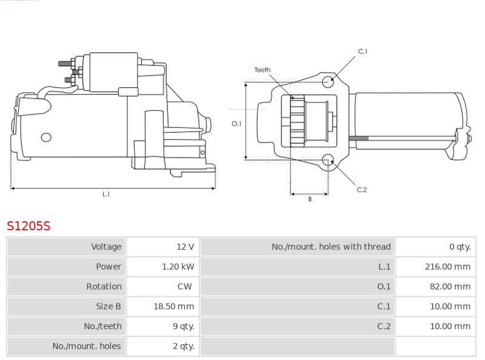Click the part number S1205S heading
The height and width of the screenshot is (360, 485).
28,226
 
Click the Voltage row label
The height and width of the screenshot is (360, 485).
106,247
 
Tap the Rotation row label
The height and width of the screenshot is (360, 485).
104,287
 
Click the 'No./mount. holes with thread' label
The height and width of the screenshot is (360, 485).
331,247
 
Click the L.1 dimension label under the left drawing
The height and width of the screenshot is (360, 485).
105,195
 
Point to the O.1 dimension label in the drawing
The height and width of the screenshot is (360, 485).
236,124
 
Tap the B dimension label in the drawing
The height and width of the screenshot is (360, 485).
310,199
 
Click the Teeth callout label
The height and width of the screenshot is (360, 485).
263,70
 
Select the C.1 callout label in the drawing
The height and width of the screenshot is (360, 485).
363,52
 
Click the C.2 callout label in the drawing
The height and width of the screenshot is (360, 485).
362,190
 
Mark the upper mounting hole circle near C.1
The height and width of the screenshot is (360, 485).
328,81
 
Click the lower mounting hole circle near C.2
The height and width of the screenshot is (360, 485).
328,160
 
